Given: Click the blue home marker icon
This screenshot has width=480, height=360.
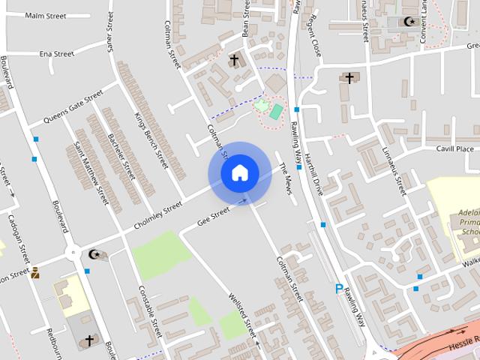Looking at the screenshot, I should pyautogui.click(x=239, y=172).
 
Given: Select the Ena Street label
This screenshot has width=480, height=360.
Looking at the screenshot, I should pyautogui.click(x=56, y=54).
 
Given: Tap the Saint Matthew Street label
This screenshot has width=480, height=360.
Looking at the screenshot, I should pyautogui.click(x=90, y=172).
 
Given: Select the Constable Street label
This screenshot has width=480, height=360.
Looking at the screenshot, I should pyautogui.click(x=150, y=311).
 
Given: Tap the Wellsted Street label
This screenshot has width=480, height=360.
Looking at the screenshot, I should pyautogui.click(x=241, y=315).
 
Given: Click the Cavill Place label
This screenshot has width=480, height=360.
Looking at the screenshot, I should pyautogui.click(x=454, y=149).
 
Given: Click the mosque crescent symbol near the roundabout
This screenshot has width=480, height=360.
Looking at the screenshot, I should pyautogui.click(x=94, y=254).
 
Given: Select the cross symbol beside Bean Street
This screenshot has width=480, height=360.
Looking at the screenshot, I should pyautogui.click(x=233, y=59).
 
